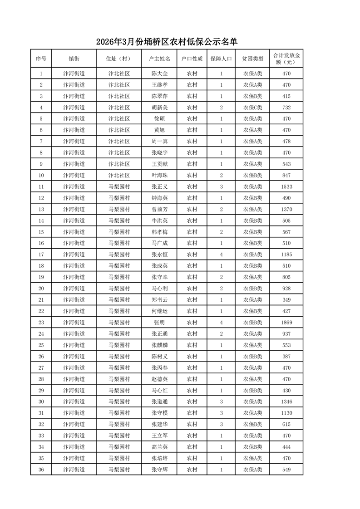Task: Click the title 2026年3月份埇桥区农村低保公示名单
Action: [167, 42]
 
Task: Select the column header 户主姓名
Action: [159, 59]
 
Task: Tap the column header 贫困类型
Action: [252, 59]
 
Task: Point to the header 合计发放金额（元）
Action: [286, 59]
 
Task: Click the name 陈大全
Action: [159, 73]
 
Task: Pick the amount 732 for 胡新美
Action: [286, 108]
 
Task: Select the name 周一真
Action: [159, 142]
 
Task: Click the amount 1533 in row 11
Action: [286, 186]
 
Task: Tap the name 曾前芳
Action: [159, 209]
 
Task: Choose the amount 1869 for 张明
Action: [286, 323]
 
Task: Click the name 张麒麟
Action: [159, 345]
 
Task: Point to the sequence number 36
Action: [41, 470]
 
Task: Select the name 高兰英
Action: [159, 447]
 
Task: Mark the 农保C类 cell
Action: [252, 108]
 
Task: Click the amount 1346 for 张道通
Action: [286, 401]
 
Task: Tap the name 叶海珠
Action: [159, 175]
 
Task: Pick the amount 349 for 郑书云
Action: [286, 300]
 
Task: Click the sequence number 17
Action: [41, 254]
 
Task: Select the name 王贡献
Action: [159, 164]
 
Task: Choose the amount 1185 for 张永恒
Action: [286, 254]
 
